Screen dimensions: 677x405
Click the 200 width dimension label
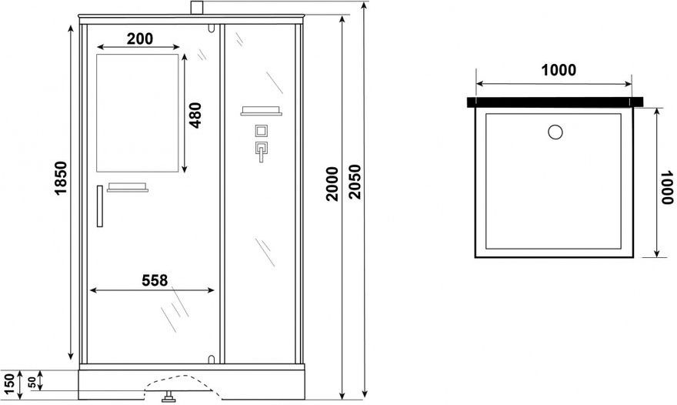coord(140,39)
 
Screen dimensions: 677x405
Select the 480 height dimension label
coord(195,115)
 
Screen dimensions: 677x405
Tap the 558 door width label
coord(155,281)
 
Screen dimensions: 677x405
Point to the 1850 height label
coord(61,178)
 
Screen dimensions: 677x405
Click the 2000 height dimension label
coord(332,184)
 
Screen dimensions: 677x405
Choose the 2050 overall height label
coord(355,182)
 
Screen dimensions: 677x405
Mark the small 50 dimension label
coord(32,382)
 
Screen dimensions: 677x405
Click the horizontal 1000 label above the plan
coord(559,70)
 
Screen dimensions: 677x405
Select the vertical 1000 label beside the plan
coord(667,187)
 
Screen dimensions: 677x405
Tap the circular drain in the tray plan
coord(555,132)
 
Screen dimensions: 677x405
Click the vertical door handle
coord(100,206)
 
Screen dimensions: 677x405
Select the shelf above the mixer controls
coord(262,111)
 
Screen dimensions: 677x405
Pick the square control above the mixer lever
coord(261,131)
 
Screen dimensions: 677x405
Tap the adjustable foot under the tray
coord(168,397)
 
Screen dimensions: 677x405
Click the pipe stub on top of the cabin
coord(197,8)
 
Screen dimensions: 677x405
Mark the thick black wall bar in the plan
coord(555,102)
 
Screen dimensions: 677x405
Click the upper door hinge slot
coord(211,28)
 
